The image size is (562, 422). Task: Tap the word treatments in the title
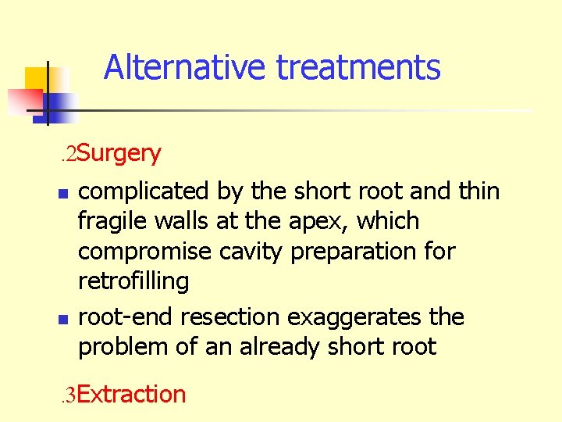pos(358,67)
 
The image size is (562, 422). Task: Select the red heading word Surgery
pos(119,153)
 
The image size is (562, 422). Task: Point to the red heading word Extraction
pos(132,394)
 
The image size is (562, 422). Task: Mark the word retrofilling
pos(133,281)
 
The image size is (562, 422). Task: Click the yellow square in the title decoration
pos(36,78)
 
